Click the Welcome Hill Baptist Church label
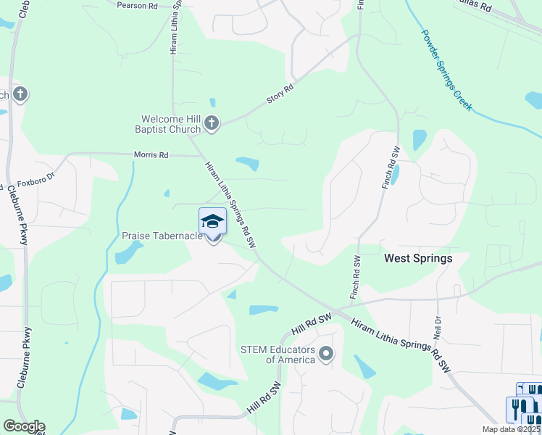pyautogui.click(x=171, y=124)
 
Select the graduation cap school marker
pyautogui.click(x=212, y=221)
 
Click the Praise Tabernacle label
pyautogui.click(x=162, y=236)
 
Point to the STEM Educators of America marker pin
pyautogui.click(x=326, y=354)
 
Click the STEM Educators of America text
pyautogui.click(x=278, y=355)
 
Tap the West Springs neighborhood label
pyautogui.click(x=418, y=258)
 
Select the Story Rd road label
pyautogui.click(x=280, y=93)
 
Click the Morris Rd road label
pyautogui.click(x=151, y=155)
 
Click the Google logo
pyautogui.click(x=24, y=426)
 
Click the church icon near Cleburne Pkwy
pyautogui.click(x=20, y=94)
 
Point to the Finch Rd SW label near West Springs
pyautogui.click(x=355, y=278)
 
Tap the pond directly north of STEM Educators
pyautogui.click(x=264, y=310)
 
